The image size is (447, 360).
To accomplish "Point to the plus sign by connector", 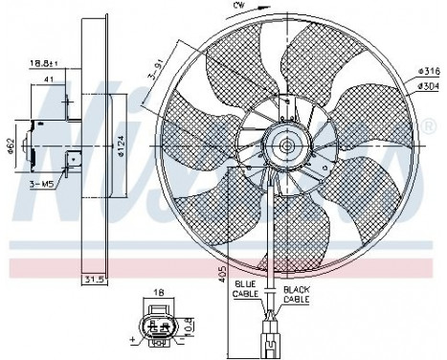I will (x=130, y=340).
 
